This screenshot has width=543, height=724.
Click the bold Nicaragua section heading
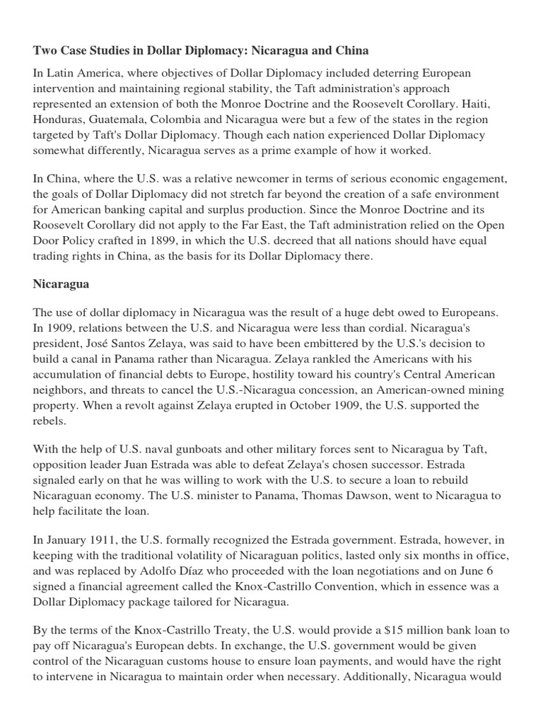tap(62, 284)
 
